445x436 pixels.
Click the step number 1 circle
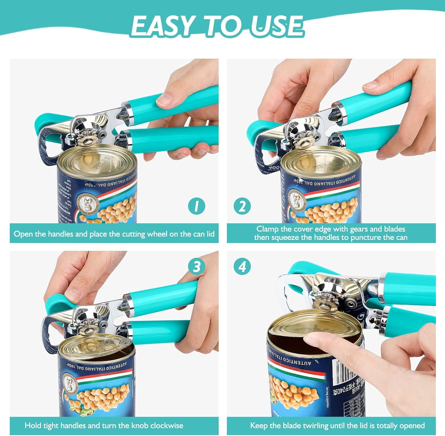pyautogui.click(x=196, y=206)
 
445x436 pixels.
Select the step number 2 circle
pyautogui.click(x=242, y=206)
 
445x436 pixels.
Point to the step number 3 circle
pyautogui.click(x=196, y=267)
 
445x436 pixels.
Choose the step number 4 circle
pyautogui.click(x=242, y=267)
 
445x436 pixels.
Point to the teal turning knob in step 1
pyautogui.click(x=44, y=122)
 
